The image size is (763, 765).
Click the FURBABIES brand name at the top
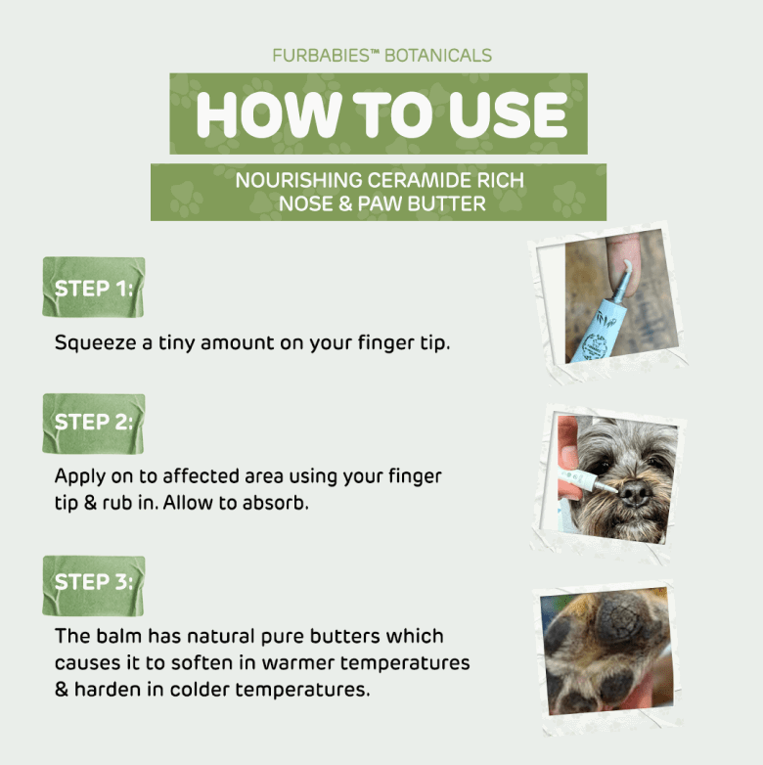click(321, 56)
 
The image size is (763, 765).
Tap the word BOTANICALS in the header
click(438, 56)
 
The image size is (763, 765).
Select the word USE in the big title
click(508, 114)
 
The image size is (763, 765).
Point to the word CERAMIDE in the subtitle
click(419, 181)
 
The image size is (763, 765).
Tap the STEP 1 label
click(94, 289)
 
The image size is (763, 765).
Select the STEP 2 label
click(94, 422)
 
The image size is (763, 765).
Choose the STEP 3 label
click(94, 582)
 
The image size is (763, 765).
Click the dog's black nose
click(635, 493)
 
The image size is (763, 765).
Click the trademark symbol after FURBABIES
click(375, 51)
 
